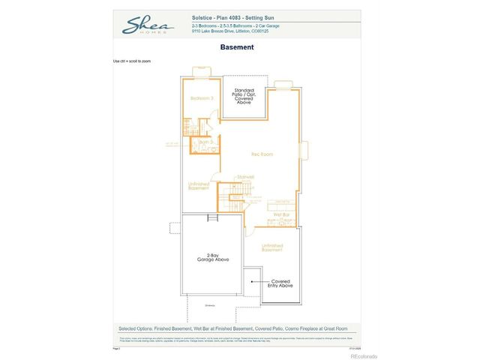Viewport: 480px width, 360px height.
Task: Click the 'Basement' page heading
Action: click(x=237, y=47)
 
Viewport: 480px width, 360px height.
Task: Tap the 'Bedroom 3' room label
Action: click(x=201, y=98)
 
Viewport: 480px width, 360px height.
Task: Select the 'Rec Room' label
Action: click(x=261, y=154)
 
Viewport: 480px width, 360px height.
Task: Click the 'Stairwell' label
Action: click(x=246, y=177)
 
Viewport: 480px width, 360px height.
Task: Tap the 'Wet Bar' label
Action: click(x=281, y=214)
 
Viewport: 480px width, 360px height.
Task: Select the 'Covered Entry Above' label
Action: click(x=280, y=283)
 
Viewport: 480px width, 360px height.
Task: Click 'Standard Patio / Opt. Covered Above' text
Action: click(x=244, y=96)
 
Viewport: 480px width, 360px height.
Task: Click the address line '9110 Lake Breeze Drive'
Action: click(x=219, y=31)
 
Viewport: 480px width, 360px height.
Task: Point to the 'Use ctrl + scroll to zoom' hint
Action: click(x=131, y=61)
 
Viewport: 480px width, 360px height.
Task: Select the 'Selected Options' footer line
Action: click(x=237, y=328)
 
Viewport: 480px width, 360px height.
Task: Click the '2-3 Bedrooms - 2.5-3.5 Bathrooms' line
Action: click(x=220, y=25)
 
